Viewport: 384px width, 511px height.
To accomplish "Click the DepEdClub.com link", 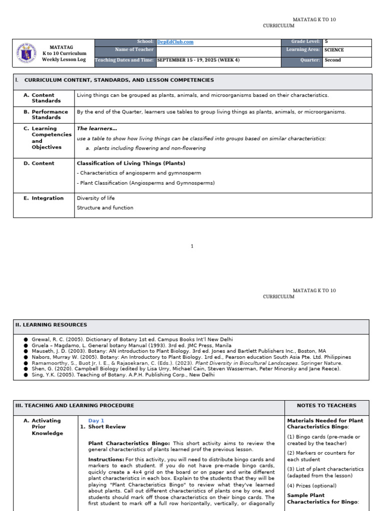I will [175, 42].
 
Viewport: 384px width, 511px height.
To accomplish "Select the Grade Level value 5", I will [326, 42].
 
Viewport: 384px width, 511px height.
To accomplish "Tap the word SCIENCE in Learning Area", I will [334, 50].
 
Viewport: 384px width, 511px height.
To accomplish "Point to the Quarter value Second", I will [332, 60].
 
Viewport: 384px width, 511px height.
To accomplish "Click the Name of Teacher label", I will [134, 50].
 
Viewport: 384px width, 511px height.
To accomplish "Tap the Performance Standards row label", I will [46, 114].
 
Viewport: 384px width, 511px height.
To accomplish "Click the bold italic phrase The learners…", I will [97, 129].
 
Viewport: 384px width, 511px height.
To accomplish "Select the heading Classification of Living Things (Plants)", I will [131, 163].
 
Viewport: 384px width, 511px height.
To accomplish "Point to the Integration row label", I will [47, 198].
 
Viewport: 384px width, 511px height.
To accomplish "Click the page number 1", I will [192, 246].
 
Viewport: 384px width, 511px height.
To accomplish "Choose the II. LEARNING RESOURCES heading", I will [51, 325].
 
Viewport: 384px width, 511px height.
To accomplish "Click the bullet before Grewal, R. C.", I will [25, 339].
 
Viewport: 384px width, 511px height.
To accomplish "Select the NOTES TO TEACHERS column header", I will [326, 406].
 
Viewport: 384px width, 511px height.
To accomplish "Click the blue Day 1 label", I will [96, 421].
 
